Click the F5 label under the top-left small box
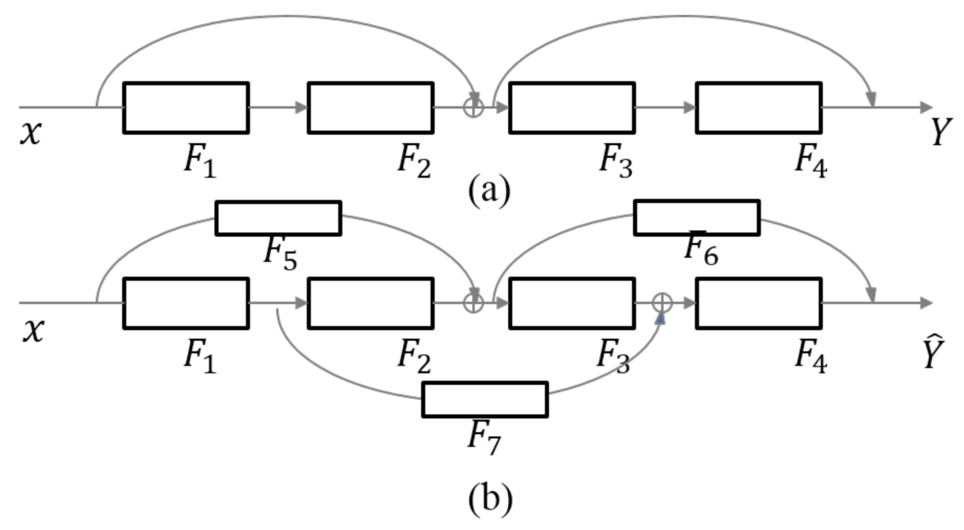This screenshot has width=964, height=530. [280, 253]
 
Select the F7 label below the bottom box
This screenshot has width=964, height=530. [484, 437]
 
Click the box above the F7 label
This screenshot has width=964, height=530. [485, 399]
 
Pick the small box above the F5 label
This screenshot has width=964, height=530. [278, 218]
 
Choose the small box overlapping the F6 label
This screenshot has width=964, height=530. [697, 217]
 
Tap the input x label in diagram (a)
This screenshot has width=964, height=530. [31, 132]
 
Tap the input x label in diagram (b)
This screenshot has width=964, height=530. [33, 330]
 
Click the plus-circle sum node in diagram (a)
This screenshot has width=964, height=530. [473, 107]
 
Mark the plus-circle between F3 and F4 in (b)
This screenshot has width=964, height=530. [662, 303]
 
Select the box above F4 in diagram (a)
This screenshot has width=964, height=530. [759, 108]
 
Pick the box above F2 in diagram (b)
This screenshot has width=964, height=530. [371, 303]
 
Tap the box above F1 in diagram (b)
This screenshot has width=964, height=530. [186, 303]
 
